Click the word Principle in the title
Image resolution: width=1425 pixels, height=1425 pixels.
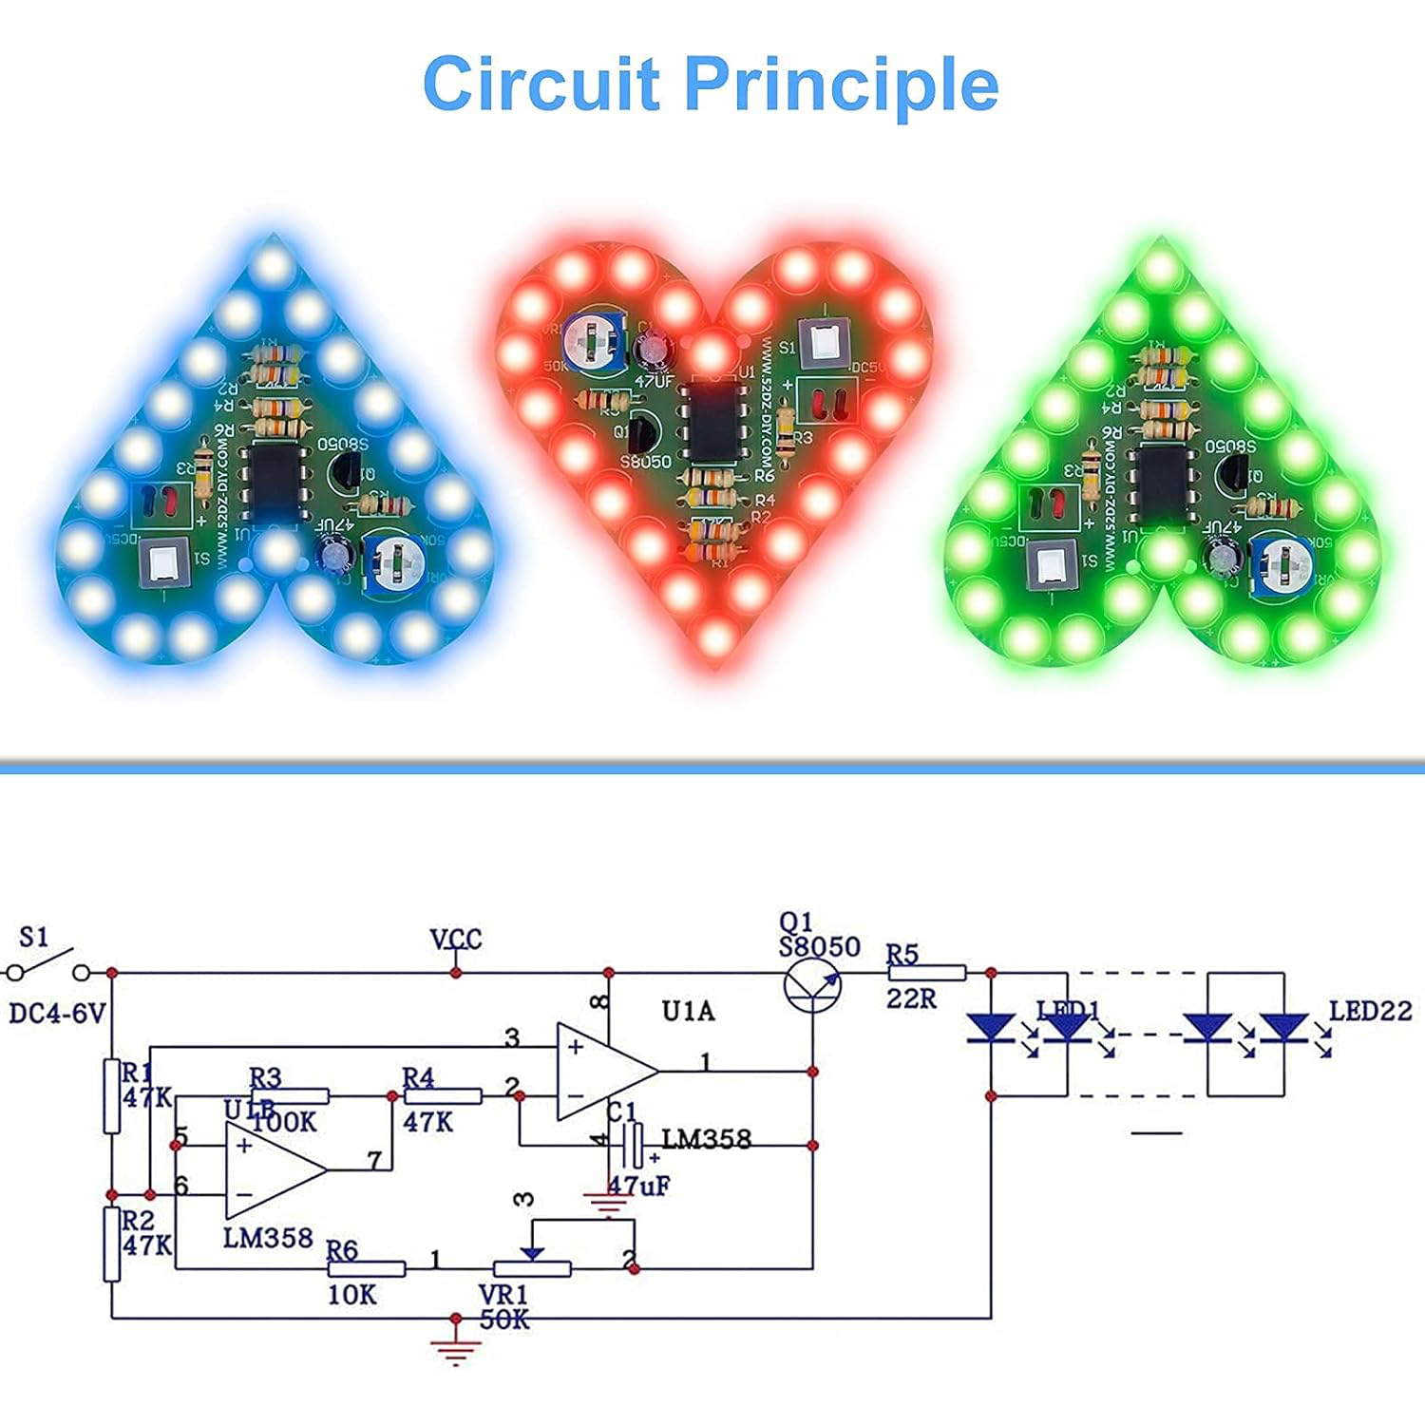click(841, 85)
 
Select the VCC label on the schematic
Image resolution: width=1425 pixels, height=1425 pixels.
click(456, 940)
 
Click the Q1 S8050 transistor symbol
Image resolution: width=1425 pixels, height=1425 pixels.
click(813, 986)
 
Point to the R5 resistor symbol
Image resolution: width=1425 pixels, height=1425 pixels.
click(926, 973)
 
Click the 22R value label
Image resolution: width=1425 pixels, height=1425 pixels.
click(911, 998)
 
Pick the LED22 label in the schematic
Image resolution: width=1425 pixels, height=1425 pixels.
click(1370, 1011)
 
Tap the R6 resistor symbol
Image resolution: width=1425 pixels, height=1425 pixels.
click(366, 1269)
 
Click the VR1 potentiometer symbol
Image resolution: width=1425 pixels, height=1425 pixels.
click(532, 1268)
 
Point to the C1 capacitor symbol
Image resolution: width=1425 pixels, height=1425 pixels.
click(632, 1146)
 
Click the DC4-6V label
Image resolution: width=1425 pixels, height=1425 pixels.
click(57, 1014)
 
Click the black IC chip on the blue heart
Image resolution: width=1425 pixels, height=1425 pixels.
click(275, 484)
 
